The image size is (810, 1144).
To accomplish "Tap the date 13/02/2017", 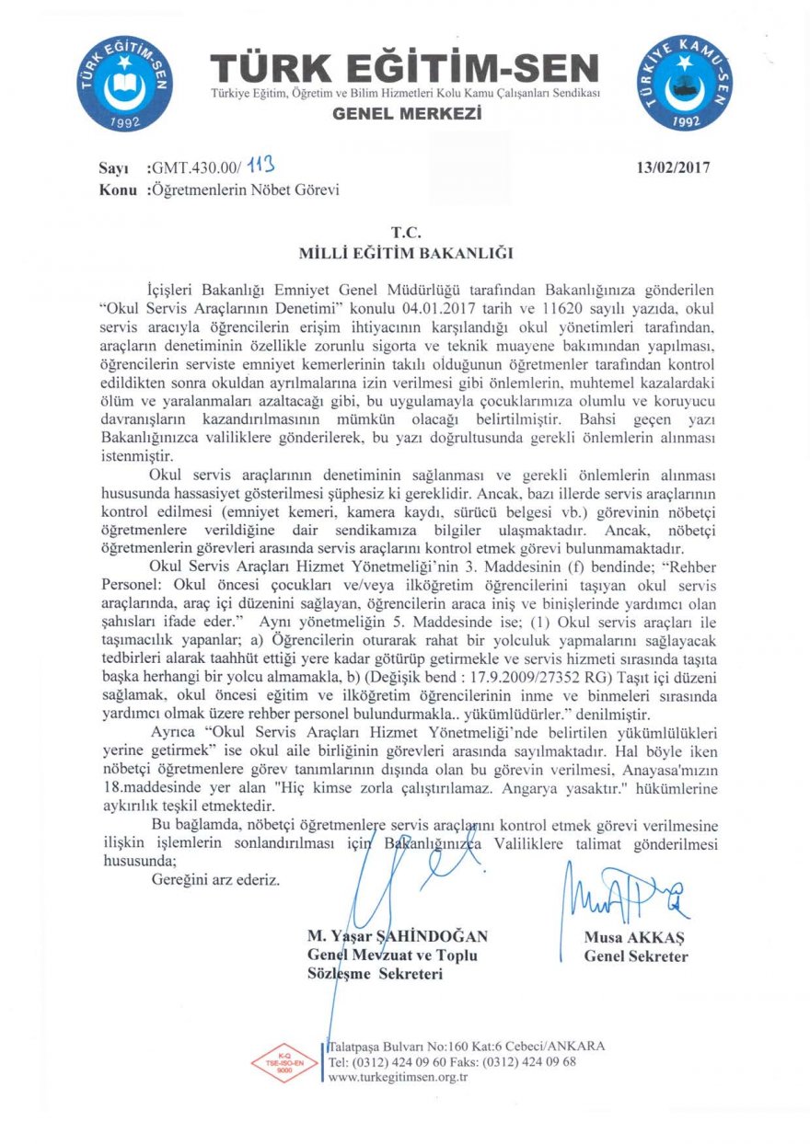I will pos(673,167).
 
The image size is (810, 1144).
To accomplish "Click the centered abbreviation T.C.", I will pos(406,234).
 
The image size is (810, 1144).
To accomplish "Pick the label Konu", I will pos(118,190).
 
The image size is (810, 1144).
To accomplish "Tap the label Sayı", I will pos(116,168).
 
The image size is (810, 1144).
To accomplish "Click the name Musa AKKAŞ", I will pos(636,938).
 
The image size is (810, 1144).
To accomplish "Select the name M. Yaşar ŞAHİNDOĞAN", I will pos(398,936).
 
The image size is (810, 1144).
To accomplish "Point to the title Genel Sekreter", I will pos(636,956).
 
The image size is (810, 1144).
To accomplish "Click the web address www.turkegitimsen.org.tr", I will pos(399,1077).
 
